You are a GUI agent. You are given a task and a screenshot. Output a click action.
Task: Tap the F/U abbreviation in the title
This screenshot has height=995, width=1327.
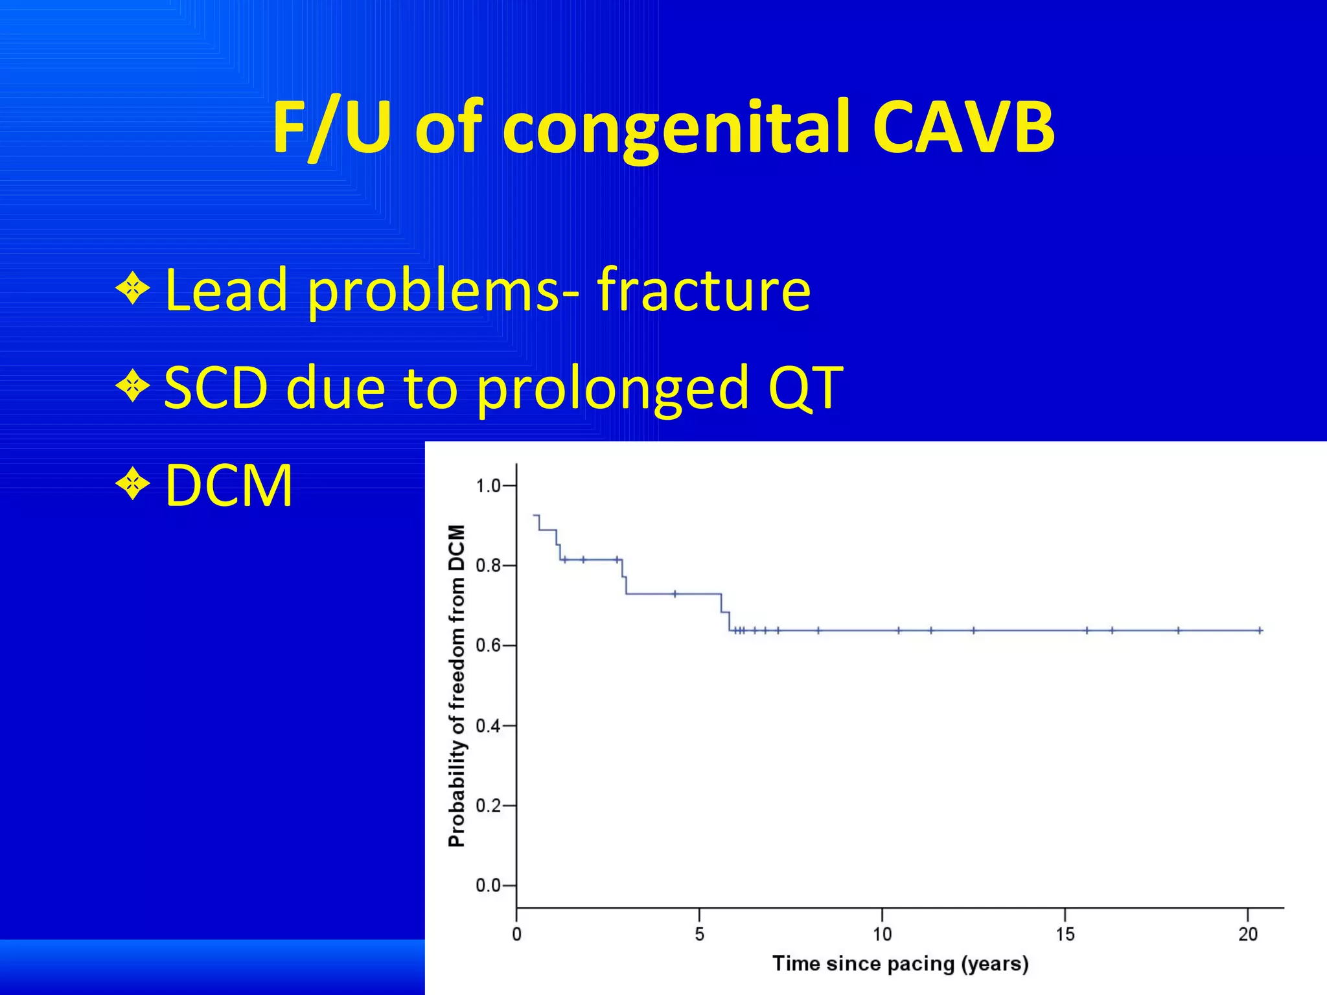click(331, 128)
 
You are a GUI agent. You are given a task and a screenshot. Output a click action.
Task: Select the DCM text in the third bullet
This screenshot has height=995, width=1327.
click(229, 485)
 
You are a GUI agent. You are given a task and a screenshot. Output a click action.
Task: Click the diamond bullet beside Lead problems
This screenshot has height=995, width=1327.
click(133, 287)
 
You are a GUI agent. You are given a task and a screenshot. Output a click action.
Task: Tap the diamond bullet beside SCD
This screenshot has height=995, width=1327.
click(133, 385)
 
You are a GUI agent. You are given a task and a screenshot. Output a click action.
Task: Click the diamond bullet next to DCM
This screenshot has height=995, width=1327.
click(133, 483)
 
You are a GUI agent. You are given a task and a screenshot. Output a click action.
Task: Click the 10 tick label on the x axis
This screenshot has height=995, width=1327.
click(882, 934)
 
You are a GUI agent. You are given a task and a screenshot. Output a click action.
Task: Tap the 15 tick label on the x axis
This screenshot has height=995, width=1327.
click(1065, 934)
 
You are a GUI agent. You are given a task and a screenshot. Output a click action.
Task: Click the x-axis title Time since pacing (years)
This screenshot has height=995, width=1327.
click(900, 964)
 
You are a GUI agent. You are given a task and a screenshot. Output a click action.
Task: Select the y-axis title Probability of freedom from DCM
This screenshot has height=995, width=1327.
click(457, 685)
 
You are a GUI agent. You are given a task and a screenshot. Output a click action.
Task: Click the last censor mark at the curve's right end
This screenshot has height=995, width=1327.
click(1260, 630)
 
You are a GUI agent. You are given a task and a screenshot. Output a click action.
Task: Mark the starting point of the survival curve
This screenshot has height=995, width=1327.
click(533, 515)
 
